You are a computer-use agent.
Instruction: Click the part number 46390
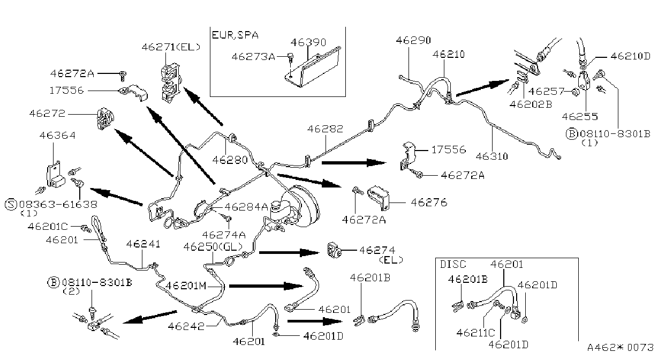(x=308, y=43)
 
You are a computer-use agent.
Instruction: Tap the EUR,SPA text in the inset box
(x=235, y=35)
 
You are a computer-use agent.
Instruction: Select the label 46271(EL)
(x=171, y=47)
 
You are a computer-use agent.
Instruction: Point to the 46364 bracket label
(x=58, y=136)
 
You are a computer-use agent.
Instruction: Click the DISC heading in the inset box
(x=453, y=265)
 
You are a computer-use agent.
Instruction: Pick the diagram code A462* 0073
(x=620, y=348)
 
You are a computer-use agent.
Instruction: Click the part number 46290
(x=413, y=40)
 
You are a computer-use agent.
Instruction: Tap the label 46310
(x=491, y=156)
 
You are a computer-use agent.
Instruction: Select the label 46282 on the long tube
(x=325, y=129)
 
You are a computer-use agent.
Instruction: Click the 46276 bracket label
(x=429, y=202)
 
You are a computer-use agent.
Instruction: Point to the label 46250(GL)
(x=213, y=247)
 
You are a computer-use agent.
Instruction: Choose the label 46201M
(x=186, y=286)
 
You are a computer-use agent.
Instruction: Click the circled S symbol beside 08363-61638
(x=11, y=204)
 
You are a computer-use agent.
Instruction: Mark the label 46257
(x=547, y=92)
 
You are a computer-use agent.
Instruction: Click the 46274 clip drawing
(x=335, y=250)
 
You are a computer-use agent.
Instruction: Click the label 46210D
(x=630, y=56)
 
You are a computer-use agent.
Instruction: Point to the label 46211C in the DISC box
(x=475, y=333)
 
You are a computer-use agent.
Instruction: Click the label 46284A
(x=246, y=207)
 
